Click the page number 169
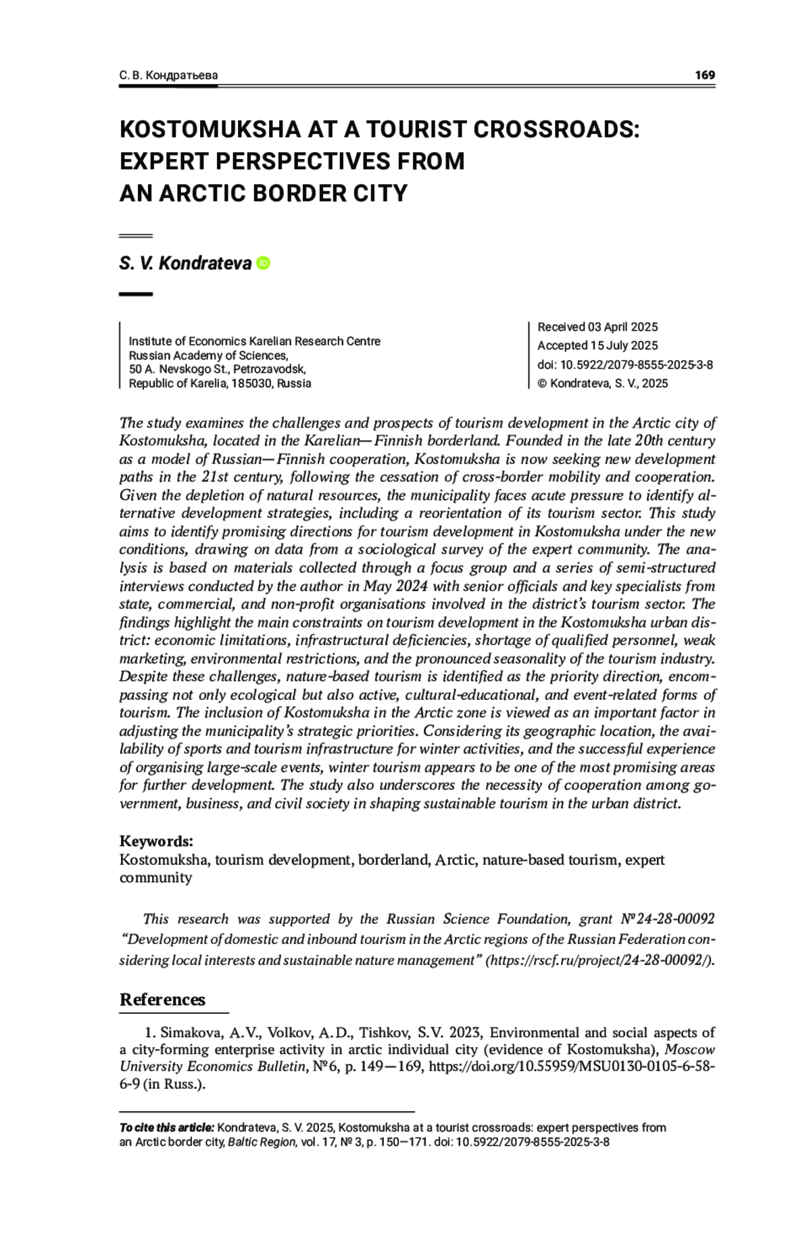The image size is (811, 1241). pyautogui.click(x=704, y=75)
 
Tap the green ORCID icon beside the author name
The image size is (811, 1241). pyautogui.click(x=264, y=263)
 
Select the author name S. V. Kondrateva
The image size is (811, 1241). pyautogui.click(x=185, y=263)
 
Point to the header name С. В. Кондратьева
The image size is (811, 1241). pyautogui.click(x=168, y=76)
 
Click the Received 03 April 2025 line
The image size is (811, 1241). pyautogui.click(x=597, y=327)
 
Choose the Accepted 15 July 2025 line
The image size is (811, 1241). pyautogui.click(x=597, y=346)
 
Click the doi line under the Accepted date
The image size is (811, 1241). pyautogui.click(x=624, y=365)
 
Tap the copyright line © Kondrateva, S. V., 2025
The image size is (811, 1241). pyautogui.click(x=602, y=383)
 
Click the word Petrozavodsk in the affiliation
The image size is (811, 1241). pyautogui.click(x=269, y=369)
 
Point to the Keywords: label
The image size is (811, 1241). pyautogui.click(x=156, y=841)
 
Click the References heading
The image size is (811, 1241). pyautogui.click(x=162, y=1000)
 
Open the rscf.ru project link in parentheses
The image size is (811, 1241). pyautogui.click(x=599, y=960)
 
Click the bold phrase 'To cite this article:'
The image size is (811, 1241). pyautogui.click(x=167, y=1128)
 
